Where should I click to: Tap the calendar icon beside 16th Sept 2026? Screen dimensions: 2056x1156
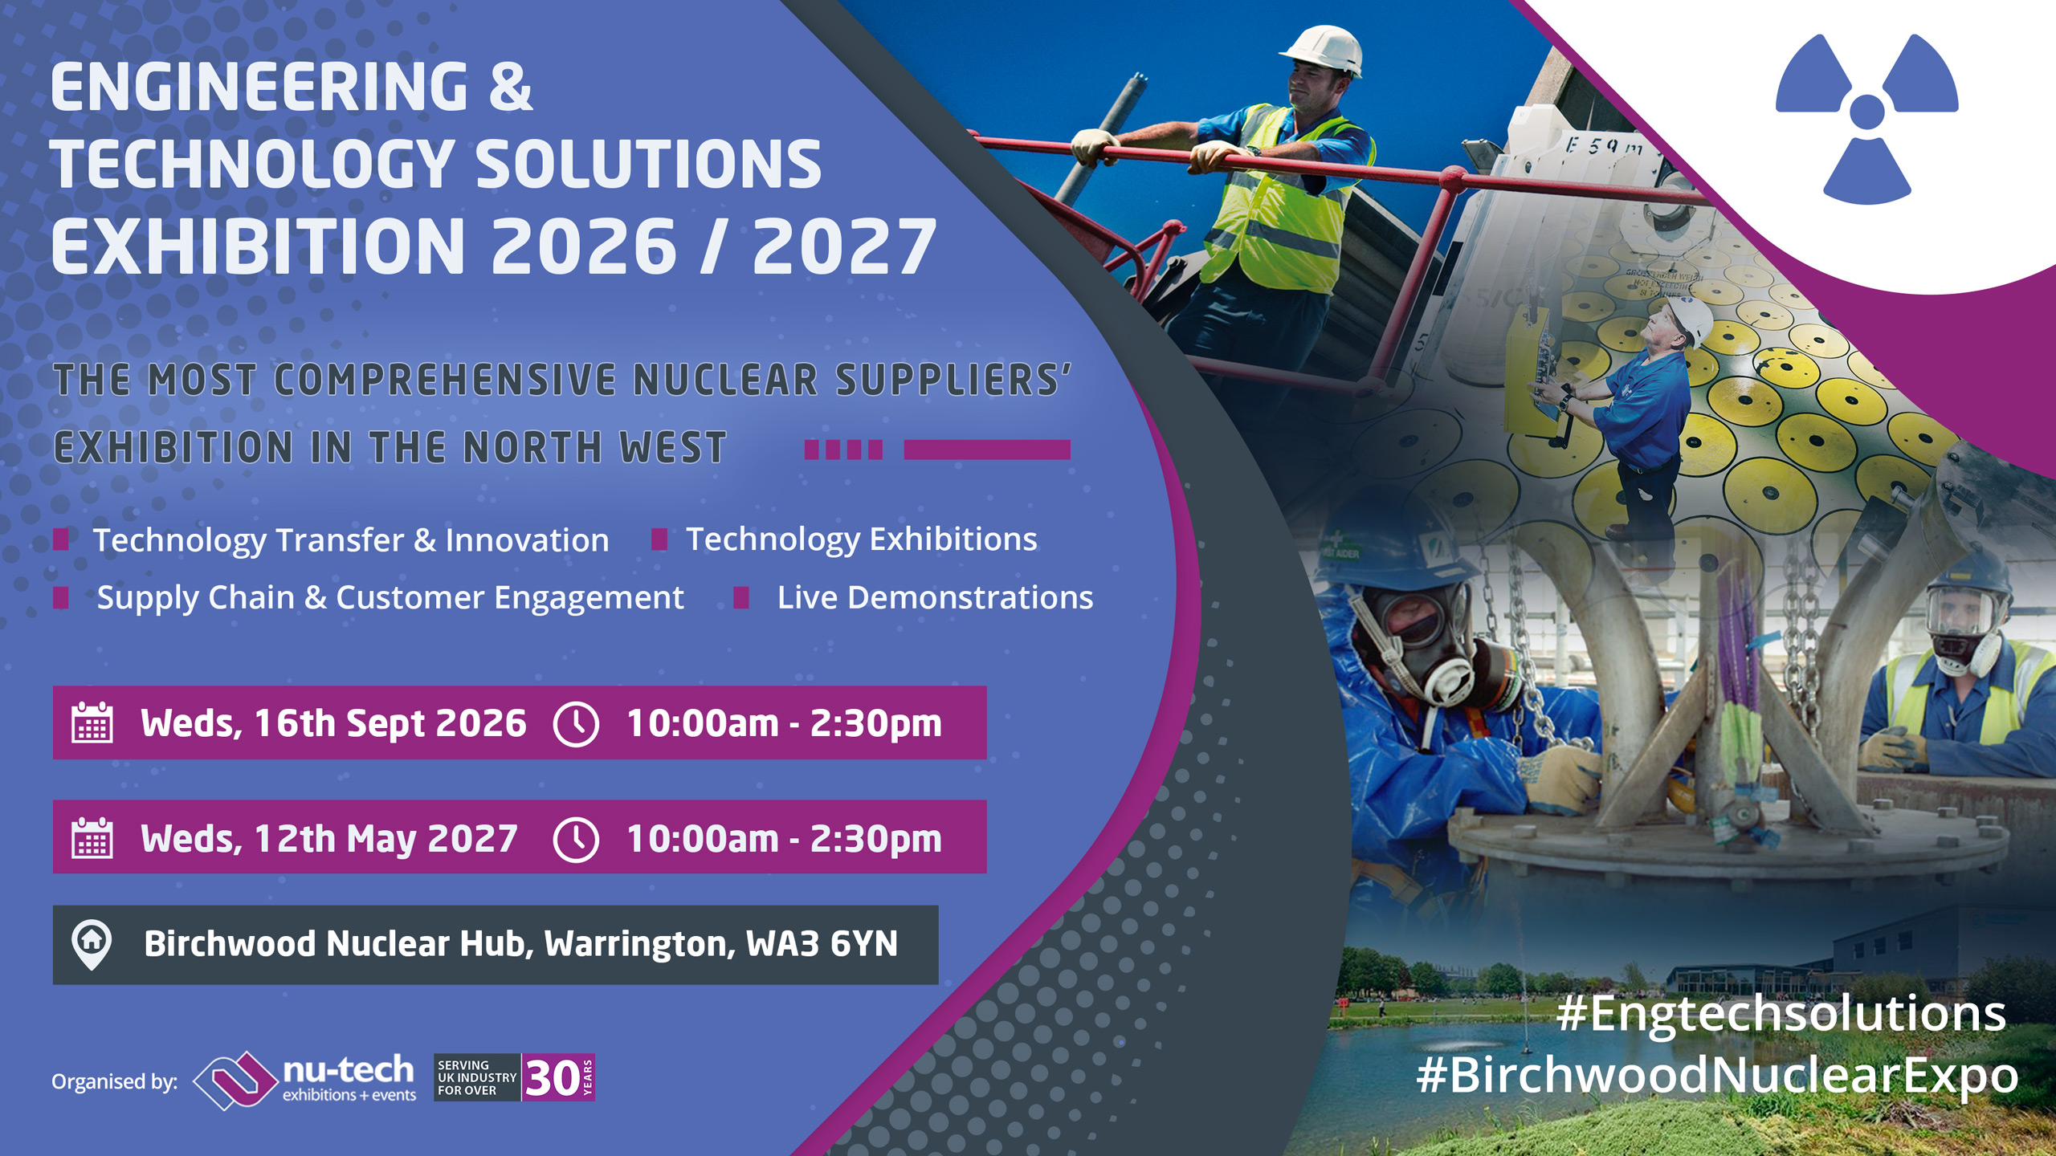point(92,722)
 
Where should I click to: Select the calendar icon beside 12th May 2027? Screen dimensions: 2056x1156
point(92,838)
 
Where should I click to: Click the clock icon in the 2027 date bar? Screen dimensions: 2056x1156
point(576,839)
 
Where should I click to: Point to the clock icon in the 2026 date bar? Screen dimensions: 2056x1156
point(576,724)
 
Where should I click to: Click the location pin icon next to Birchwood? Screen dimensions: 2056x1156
point(92,944)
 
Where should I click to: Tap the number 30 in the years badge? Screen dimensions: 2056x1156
point(552,1078)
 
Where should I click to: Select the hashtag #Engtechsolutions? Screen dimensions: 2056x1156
point(1781,1014)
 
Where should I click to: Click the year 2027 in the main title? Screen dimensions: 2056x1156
point(844,246)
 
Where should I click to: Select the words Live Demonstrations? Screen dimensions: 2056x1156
point(935,598)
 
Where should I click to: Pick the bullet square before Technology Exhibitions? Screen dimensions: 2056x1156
point(659,539)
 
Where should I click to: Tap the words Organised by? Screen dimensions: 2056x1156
point(114,1082)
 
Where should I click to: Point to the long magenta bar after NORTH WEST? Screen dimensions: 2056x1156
point(987,450)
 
